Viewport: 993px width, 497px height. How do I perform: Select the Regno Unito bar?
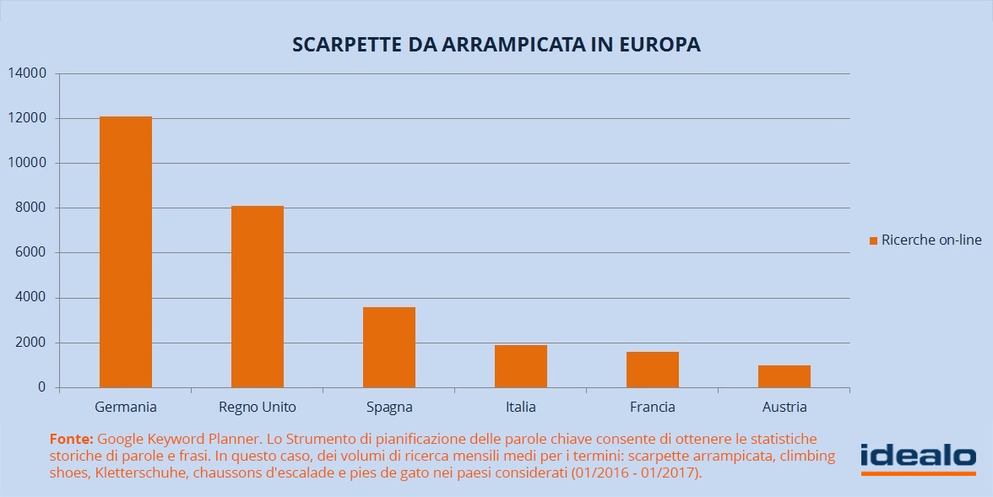click(x=258, y=296)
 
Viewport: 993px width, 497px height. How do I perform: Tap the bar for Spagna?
click(x=389, y=347)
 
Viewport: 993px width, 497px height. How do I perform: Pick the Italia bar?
click(x=521, y=366)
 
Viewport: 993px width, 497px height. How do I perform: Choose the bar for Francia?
click(x=653, y=370)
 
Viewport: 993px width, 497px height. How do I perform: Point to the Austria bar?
click(x=784, y=376)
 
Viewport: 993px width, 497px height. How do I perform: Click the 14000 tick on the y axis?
click(x=28, y=73)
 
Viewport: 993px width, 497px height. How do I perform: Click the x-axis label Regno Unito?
click(x=258, y=407)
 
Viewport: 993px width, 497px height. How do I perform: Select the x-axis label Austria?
click(x=784, y=407)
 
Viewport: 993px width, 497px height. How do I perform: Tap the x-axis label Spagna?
click(x=389, y=407)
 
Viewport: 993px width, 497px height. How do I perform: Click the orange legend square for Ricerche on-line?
click(x=874, y=240)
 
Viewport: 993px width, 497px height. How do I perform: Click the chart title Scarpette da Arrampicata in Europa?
click(x=496, y=45)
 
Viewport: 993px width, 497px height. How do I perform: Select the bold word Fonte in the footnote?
click(x=72, y=439)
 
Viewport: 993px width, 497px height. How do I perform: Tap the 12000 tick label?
click(x=28, y=118)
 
